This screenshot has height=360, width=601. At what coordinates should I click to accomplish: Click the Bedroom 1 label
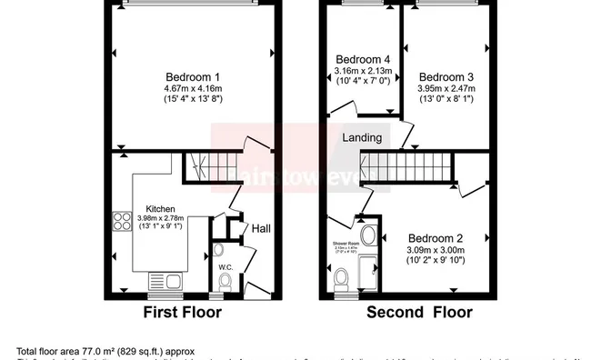coord(192,75)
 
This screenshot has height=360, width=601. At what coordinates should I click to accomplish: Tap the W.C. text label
coord(226,267)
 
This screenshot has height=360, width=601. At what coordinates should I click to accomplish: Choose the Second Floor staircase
coord(409,166)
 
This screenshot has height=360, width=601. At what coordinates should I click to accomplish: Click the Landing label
coord(361,137)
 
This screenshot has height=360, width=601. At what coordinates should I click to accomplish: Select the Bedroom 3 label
coord(441,75)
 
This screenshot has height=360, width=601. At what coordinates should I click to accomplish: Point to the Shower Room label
coord(345,243)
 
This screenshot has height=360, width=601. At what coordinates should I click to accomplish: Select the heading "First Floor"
coord(183,313)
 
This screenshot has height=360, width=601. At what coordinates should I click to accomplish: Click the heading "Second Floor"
coord(419,313)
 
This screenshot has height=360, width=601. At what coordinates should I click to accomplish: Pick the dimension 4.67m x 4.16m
coord(192,87)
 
